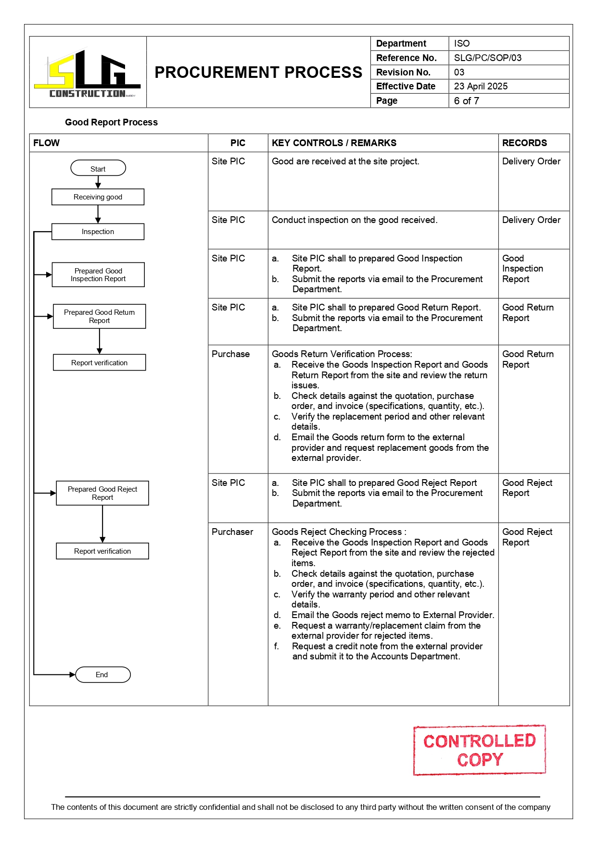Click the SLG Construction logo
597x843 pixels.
click(x=88, y=73)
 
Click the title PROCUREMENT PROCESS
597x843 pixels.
click(x=258, y=72)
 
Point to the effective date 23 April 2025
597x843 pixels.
click(x=481, y=86)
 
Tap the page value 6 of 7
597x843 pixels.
click(x=466, y=100)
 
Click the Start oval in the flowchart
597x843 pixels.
click(x=98, y=168)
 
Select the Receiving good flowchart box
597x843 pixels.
click(x=98, y=197)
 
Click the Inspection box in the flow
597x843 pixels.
click(x=98, y=232)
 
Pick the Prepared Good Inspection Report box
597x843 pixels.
click(x=98, y=275)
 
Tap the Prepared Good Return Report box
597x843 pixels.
click(x=99, y=316)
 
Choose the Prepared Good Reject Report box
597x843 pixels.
click(x=102, y=493)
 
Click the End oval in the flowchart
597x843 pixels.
click(x=102, y=675)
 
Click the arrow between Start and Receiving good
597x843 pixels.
click(x=98, y=182)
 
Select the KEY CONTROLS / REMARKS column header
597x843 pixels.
click(x=334, y=143)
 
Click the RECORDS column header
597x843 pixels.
click(x=524, y=143)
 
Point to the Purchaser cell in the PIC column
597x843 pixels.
click(x=232, y=532)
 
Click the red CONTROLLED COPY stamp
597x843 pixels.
click(x=479, y=750)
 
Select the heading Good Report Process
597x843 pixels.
click(x=111, y=122)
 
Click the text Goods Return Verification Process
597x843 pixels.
click(x=342, y=354)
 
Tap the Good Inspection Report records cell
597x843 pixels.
click(x=522, y=269)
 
